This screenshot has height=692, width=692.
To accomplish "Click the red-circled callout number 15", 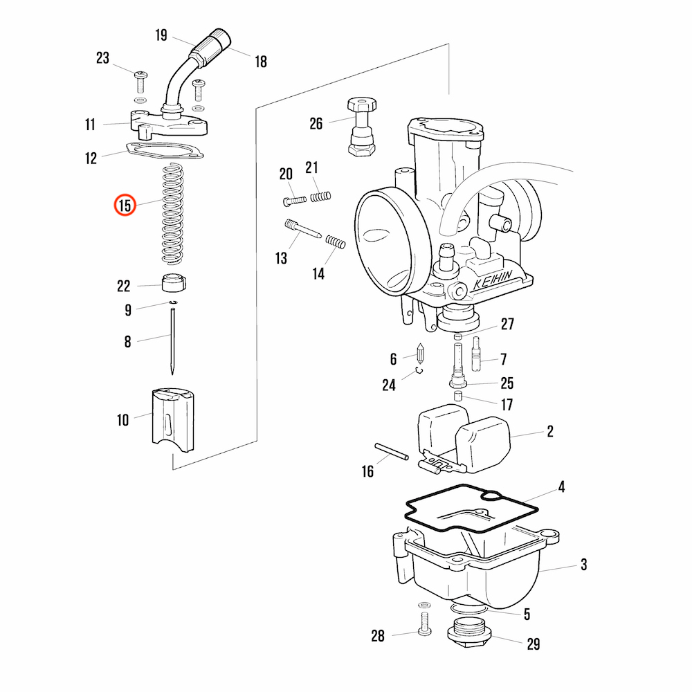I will [125, 206].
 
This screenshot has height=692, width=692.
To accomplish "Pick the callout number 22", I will [123, 286].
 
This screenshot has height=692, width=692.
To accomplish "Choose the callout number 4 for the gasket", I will [562, 487].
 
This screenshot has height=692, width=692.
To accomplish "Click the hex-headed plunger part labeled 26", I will [362, 127].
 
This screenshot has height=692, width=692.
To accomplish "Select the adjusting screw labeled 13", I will [302, 230].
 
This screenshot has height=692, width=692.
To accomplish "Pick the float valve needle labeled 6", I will [419, 355].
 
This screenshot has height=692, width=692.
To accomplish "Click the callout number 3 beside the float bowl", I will [583, 565].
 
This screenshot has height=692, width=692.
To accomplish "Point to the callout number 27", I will [508, 323].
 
